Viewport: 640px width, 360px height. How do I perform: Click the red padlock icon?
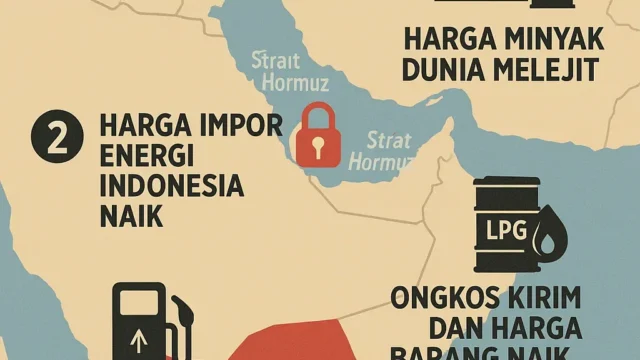316,137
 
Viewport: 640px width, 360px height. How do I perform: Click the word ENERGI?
148,159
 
